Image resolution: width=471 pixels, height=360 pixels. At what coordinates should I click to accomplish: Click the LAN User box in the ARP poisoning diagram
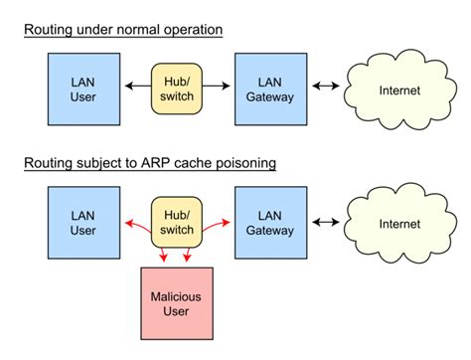tap(83, 224)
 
